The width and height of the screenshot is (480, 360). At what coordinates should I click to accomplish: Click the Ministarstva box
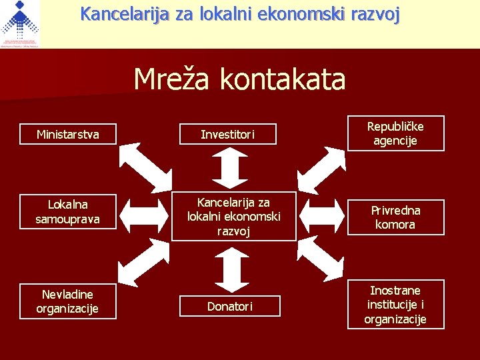67,135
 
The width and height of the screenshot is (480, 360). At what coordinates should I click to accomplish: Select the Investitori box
228,135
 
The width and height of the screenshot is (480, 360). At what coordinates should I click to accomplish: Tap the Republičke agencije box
395,133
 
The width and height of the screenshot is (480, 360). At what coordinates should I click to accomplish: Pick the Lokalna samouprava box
67,211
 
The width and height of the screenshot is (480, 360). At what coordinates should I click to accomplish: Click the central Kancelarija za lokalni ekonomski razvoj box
233,217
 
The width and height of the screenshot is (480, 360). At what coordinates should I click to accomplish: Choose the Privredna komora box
395,217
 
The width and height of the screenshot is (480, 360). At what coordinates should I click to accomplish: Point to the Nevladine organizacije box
67,301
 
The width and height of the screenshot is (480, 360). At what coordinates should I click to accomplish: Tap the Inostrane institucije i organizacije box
395,304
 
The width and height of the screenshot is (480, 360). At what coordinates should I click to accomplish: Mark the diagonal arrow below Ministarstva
145,167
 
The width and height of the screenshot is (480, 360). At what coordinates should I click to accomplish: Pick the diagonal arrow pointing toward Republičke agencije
322,167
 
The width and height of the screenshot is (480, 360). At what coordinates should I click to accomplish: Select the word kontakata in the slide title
283,79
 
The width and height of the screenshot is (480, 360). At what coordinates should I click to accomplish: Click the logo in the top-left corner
20,24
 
